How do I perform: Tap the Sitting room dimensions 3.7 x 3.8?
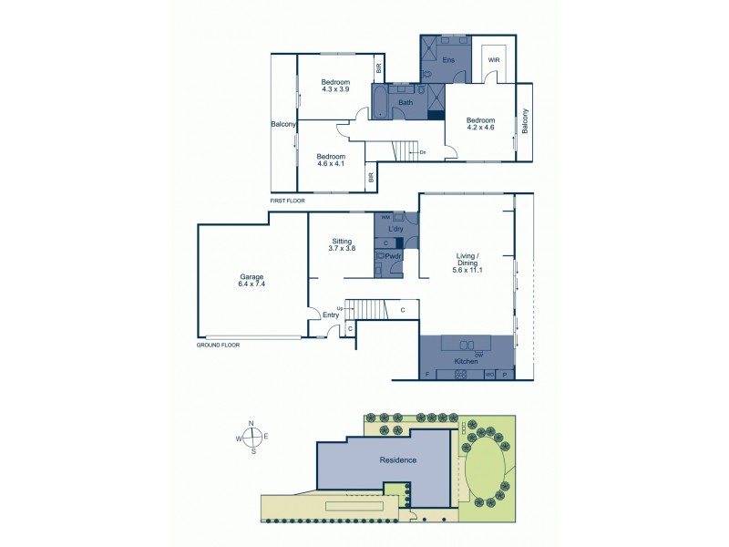pyautogui.click(x=342, y=248)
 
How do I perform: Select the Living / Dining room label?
pyautogui.click(x=467, y=264)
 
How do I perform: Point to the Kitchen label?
pyautogui.click(x=467, y=362)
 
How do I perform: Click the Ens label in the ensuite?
pyautogui.click(x=448, y=60)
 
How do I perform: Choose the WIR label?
pyautogui.click(x=493, y=60)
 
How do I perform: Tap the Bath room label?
pyautogui.click(x=406, y=102)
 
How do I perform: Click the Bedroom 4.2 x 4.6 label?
pyautogui.click(x=480, y=124)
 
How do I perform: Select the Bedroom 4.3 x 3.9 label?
pyautogui.click(x=335, y=86)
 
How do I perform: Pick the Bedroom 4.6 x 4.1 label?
pyautogui.click(x=331, y=160)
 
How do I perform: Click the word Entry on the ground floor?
pyautogui.click(x=330, y=315)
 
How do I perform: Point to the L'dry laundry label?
pyautogui.click(x=395, y=229)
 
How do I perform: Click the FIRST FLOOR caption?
pyautogui.click(x=288, y=200)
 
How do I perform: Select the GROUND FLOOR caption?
pyautogui.click(x=218, y=346)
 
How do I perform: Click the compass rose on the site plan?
pyautogui.click(x=252, y=437)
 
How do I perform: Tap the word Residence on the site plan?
pyautogui.click(x=398, y=459)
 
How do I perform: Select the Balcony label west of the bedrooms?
pyautogui.click(x=283, y=125)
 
